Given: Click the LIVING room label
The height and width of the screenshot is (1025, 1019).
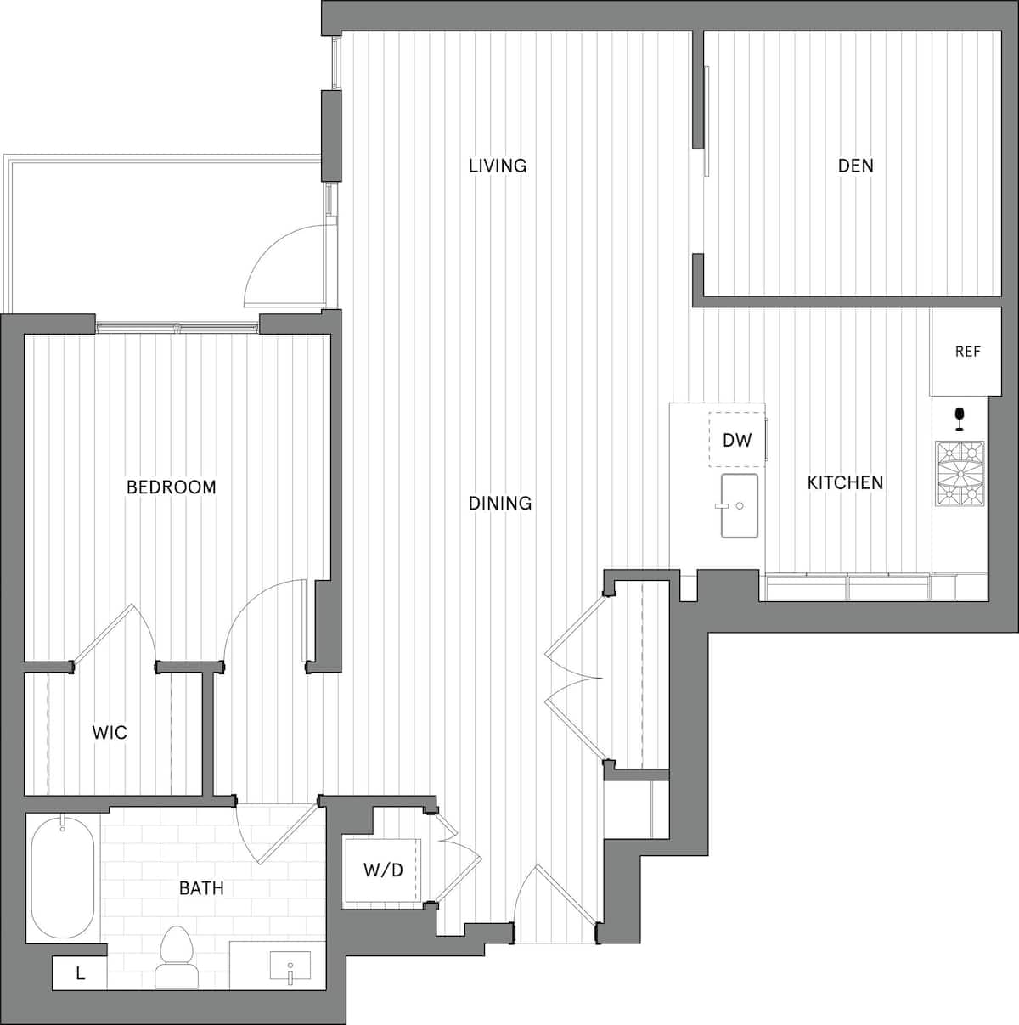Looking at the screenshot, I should [x=498, y=165].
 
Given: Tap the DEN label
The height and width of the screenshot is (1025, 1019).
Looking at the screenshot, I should [x=855, y=165].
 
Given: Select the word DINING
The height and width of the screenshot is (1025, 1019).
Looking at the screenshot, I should [x=500, y=503].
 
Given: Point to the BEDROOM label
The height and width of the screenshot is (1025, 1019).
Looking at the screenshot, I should [x=171, y=487].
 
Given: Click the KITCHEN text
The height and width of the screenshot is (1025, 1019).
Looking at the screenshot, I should [x=845, y=482].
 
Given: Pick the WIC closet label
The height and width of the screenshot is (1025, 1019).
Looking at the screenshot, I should [x=110, y=732].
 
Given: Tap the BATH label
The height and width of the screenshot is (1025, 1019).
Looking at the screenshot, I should [x=201, y=888].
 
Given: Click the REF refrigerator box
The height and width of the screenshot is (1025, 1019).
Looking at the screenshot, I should [x=967, y=352].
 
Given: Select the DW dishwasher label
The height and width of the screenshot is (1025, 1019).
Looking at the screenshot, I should [x=737, y=440].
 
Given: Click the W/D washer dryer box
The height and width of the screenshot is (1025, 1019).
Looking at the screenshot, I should [x=382, y=870].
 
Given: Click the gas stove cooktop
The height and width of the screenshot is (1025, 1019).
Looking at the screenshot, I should [x=960, y=474].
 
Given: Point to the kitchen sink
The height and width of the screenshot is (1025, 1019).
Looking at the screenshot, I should [x=740, y=506].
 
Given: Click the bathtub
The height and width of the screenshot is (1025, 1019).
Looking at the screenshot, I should [x=63, y=877].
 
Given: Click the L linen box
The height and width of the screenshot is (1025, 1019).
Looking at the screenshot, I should [x=80, y=973].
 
